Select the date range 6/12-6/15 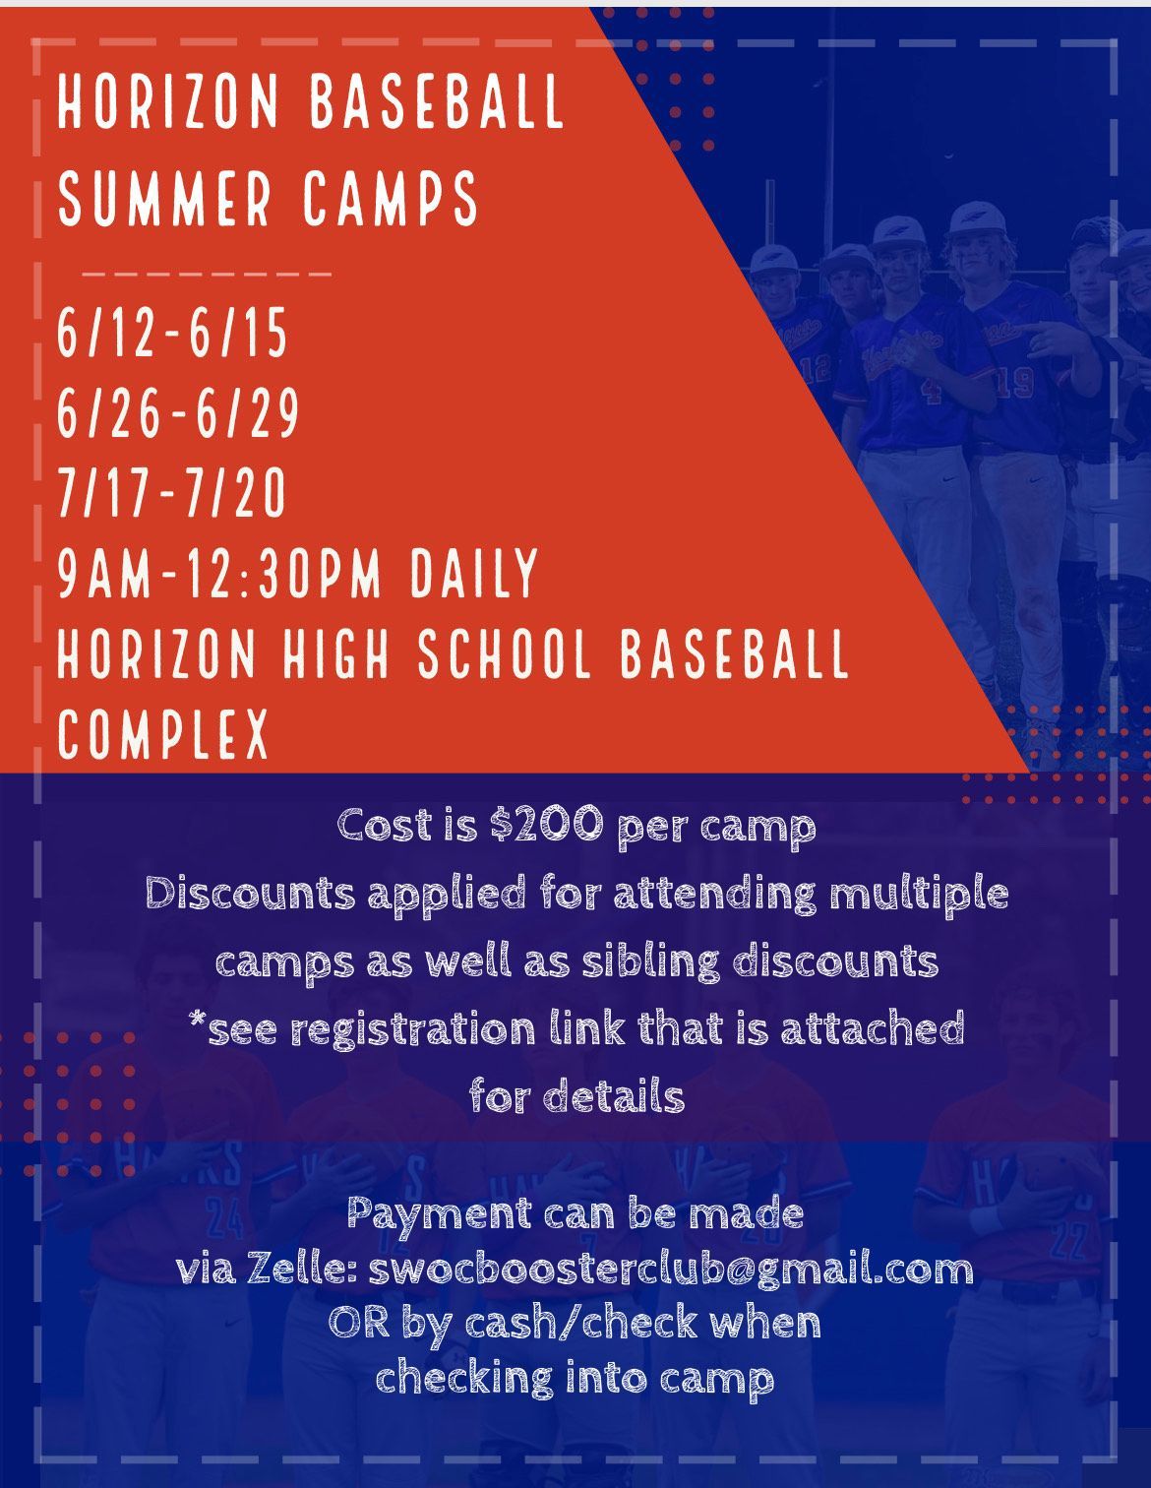172,332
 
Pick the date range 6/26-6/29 178,412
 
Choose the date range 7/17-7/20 172,492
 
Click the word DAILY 474,573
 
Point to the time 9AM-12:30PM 219,573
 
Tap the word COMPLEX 163,733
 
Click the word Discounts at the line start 251,893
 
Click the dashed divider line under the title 207,275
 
